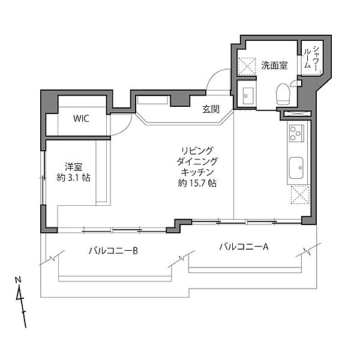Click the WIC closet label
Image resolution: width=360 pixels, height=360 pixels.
coord(82,118)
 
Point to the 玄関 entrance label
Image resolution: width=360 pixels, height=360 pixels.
coord(211,109)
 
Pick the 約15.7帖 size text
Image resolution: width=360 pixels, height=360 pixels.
coord(197,184)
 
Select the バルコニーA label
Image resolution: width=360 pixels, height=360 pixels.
coord(243,246)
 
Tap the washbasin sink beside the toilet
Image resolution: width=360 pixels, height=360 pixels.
coord(247,94)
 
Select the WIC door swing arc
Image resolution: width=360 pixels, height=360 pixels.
coord(122,124)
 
